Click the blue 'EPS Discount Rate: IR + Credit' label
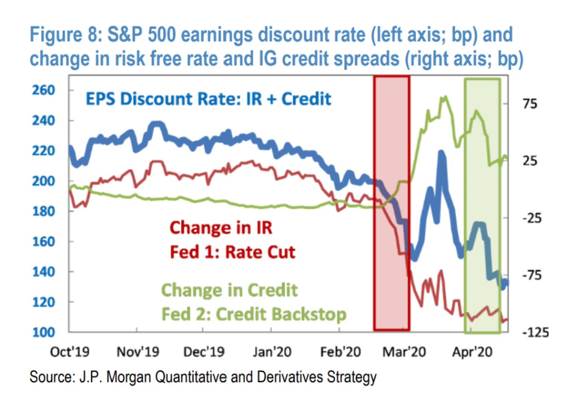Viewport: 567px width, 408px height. (x=208, y=100)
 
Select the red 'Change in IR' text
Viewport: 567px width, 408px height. (x=221, y=228)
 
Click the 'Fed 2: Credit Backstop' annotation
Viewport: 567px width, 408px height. (x=254, y=314)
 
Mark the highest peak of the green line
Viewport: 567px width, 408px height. (x=445, y=97)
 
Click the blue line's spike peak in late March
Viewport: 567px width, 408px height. (x=441, y=153)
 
